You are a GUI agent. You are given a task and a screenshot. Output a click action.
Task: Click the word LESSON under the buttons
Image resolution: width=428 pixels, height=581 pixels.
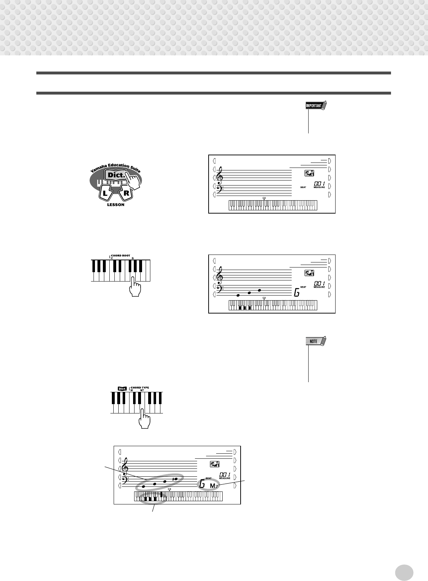point(115,205)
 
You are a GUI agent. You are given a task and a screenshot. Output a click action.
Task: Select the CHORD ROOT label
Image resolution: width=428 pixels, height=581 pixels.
point(120,255)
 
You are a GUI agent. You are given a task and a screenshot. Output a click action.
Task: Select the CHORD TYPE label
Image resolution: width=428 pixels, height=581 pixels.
point(140,388)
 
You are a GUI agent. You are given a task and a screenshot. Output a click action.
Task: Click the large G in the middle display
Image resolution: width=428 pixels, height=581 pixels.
point(296,293)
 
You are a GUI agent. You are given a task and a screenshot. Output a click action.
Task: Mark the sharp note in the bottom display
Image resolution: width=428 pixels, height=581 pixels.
point(175,479)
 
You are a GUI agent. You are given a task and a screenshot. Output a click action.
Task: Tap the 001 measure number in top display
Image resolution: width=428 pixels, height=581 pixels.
point(320,183)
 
